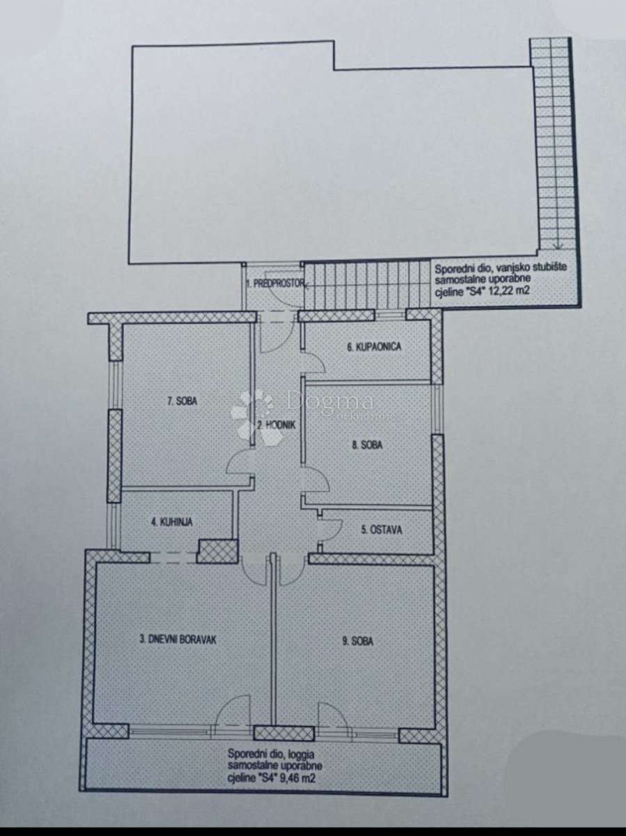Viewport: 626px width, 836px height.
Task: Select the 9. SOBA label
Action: [358, 642]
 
